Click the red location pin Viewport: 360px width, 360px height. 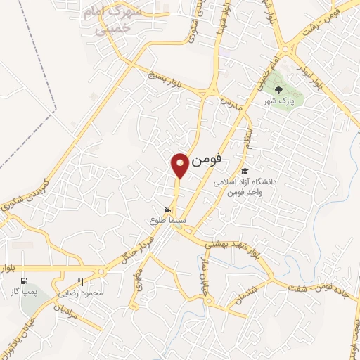(x=180, y=165)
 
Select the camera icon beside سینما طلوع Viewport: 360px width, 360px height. (x=167, y=210)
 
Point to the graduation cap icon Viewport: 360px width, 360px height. (x=244, y=171)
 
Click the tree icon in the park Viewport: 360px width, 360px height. (x=278, y=89)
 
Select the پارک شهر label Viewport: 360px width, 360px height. (x=278, y=102)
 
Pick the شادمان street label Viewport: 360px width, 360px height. (x=257, y=289)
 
